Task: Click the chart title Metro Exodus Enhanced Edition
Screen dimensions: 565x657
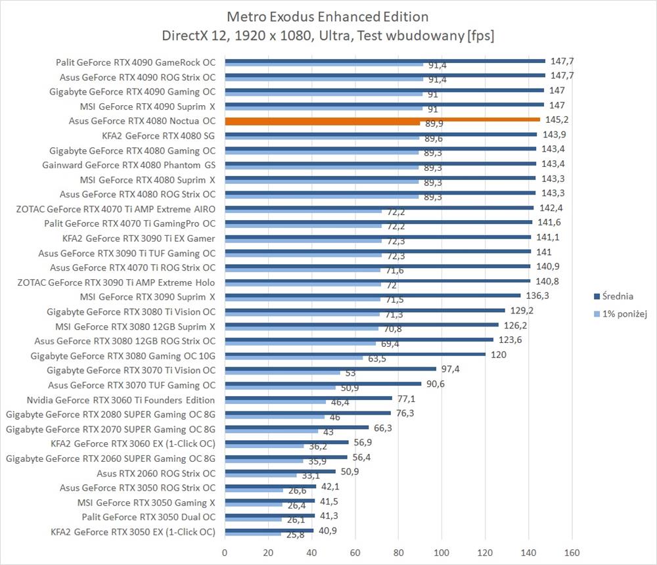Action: point(328,16)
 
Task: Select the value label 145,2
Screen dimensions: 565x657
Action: point(556,120)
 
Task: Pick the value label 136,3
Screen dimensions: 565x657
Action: point(536,296)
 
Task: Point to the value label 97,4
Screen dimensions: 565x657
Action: point(450,369)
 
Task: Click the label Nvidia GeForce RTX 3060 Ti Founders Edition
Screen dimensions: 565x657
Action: point(120,399)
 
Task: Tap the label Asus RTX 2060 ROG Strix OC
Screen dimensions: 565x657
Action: point(156,473)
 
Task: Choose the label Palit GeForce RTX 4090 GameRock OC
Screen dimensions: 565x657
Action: point(135,63)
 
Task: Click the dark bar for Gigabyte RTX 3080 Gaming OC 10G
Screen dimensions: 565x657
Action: point(355,354)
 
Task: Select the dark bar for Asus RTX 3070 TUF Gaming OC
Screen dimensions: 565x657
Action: point(323,383)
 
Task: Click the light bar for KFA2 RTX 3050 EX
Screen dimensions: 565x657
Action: point(253,534)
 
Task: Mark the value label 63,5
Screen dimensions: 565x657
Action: point(376,359)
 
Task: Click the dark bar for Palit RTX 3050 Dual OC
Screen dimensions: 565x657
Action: point(270,516)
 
